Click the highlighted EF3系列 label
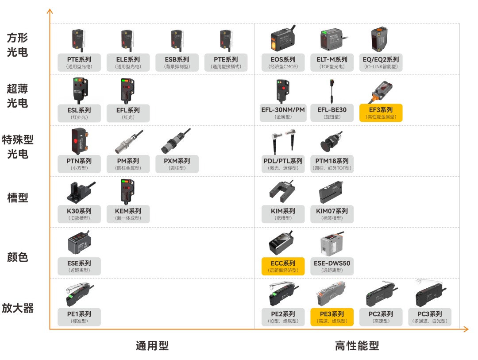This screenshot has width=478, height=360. (x=381, y=113)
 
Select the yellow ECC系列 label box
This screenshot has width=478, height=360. (x=283, y=266)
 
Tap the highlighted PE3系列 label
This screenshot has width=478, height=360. (x=332, y=317)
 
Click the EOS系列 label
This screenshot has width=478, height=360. (x=283, y=62)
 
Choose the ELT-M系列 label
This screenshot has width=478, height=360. (x=332, y=62)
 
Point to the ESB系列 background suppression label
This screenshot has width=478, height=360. (x=177, y=62)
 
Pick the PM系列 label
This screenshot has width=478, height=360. (x=128, y=164)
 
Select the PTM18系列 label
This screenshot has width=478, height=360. (x=332, y=164)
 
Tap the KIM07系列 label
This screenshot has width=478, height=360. (x=332, y=214)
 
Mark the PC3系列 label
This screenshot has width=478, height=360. (x=430, y=317)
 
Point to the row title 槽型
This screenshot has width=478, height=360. (x=18, y=197)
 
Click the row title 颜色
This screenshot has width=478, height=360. (x=18, y=257)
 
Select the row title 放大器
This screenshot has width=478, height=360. (x=18, y=308)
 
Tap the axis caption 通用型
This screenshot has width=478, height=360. (x=152, y=345)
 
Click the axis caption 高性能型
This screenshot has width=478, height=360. (x=357, y=345)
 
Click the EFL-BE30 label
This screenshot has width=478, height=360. (x=332, y=113)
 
